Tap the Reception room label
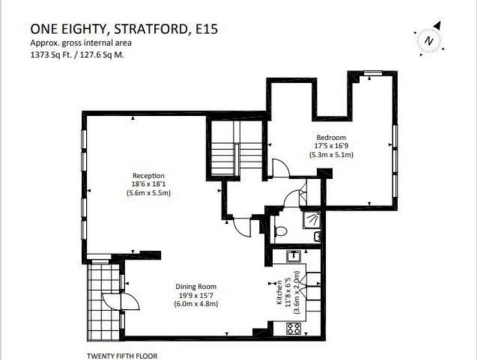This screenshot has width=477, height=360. click(x=148, y=175)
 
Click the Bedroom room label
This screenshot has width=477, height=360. click(x=332, y=137)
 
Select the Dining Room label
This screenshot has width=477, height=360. click(x=196, y=287)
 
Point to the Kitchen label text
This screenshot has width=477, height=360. click(x=279, y=293)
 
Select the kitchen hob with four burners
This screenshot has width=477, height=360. click(x=294, y=328)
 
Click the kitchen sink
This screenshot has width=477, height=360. click(x=294, y=257)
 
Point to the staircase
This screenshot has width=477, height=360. click(x=237, y=148)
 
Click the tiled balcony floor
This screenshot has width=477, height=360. click(x=103, y=302)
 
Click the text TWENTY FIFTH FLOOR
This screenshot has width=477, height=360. click(x=122, y=356)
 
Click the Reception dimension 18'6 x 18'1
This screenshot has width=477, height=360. click(x=148, y=184)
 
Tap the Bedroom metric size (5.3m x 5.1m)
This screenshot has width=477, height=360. click(x=332, y=154)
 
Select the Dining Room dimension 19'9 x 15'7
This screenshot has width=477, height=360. click(x=196, y=295)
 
